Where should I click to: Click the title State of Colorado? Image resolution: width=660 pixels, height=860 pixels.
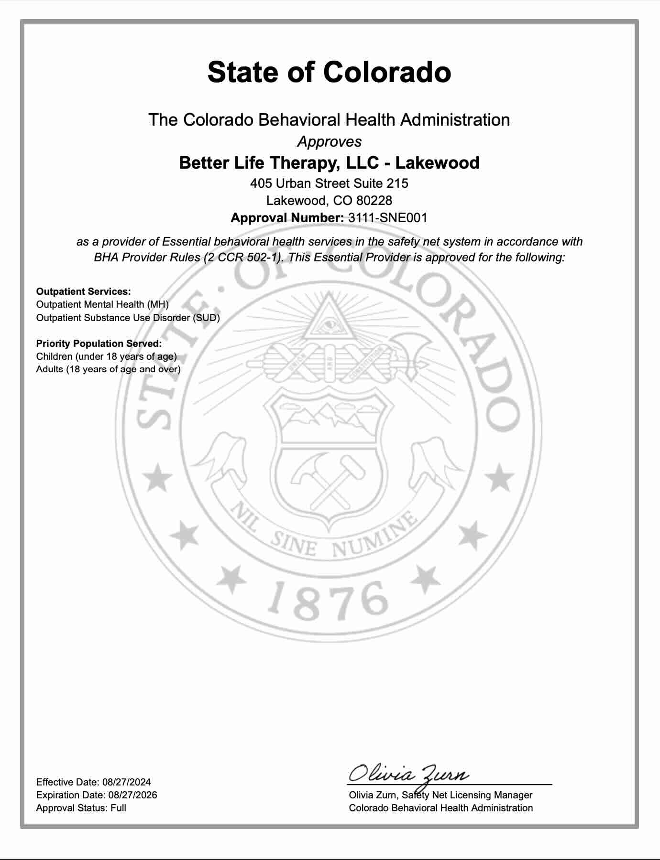(329, 72)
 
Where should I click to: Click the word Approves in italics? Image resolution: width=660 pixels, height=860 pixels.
(329, 141)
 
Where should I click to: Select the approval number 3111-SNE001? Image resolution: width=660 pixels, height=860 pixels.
(387, 218)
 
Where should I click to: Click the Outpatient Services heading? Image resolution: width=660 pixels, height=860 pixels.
(83, 291)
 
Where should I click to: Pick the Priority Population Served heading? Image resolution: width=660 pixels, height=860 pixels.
(99, 344)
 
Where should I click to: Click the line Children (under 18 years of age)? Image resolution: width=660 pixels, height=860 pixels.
(106, 356)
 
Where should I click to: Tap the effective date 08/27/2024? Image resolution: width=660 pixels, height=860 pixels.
(126, 782)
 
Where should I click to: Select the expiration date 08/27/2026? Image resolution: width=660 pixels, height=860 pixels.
(132, 795)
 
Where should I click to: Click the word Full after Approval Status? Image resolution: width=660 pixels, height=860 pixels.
(118, 808)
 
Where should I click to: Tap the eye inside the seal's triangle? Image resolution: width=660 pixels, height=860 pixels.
(329, 325)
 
